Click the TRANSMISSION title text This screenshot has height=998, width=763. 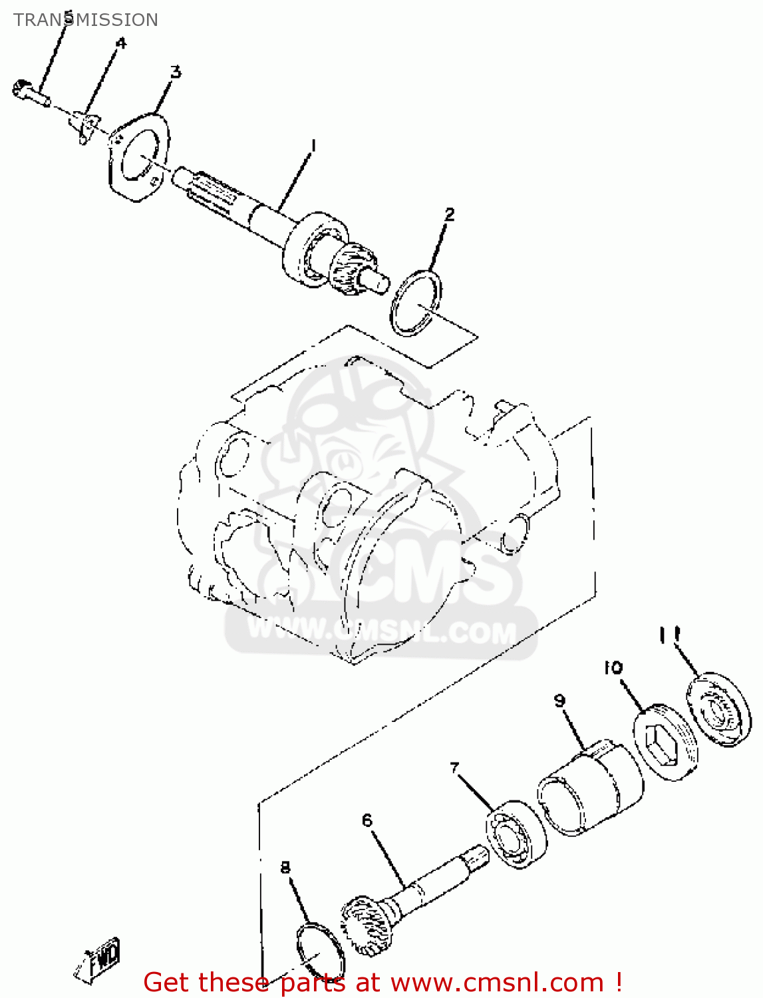[86, 20]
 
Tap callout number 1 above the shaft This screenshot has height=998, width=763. [313, 145]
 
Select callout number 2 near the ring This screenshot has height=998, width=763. [450, 214]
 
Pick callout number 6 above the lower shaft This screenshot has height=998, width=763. [367, 820]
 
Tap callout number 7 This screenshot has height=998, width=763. [455, 768]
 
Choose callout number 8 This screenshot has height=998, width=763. [285, 868]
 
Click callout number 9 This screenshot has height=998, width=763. [559, 701]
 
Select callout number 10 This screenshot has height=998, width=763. [613, 667]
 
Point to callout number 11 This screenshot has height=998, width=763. [669, 635]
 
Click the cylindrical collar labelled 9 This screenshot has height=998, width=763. [589, 788]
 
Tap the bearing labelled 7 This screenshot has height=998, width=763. [516, 834]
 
